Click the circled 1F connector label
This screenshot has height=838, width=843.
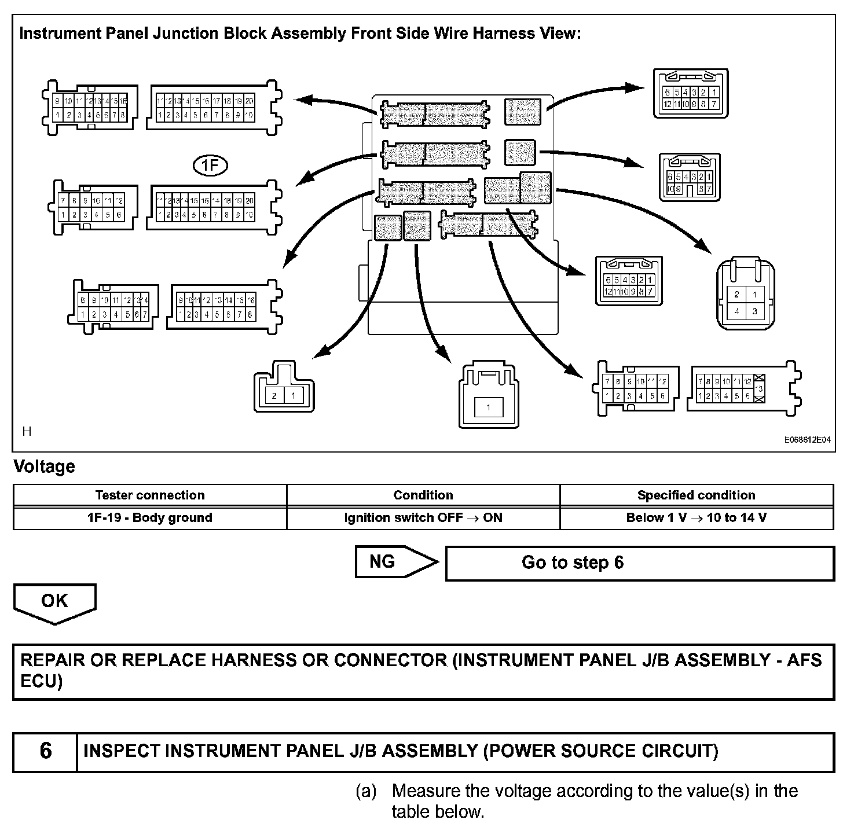pyautogui.click(x=210, y=167)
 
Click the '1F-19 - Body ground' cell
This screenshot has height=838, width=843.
pyautogui.click(x=150, y=518)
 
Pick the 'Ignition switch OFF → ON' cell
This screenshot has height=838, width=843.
pyautogui.click(x=423, y=518)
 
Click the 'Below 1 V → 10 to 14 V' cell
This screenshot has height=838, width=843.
pyautogui.click(x=697, y=518)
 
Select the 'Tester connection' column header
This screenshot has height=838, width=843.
pyautogui.click(x=150, y=495)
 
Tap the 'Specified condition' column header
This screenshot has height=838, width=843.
pyautogui.click(x=697, y=495)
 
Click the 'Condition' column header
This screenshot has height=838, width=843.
pyautogui.click(x=423, y=495)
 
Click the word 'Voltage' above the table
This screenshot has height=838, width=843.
pyautogui.click(x=45, y=466)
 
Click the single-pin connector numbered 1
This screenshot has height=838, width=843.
pyautogui.click(x=488, y=407)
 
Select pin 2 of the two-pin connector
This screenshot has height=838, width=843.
pyautogui.click(x=274, y=396)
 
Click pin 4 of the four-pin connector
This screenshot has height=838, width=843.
pyautogui.click(x=736, y=311)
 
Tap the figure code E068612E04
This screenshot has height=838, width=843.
pyautogui.click(x=807, y=440)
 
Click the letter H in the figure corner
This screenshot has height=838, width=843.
pyautogui.click(x=26, y=431)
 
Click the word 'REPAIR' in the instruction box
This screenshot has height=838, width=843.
pyautogui.click(x=53, y=660)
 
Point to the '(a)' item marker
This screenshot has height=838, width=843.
pyautogui.click(x=366, y=791)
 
